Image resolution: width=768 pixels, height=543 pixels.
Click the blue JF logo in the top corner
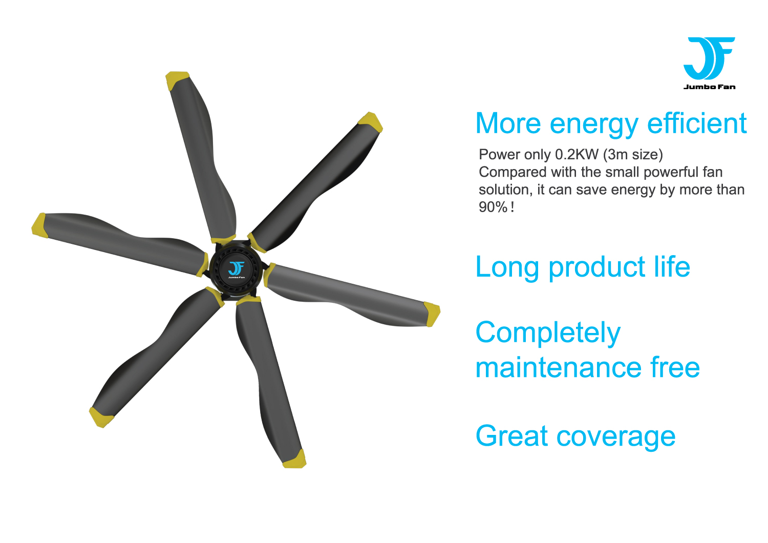pos(709,58)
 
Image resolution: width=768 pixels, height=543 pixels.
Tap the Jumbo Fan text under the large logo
pos(709,87)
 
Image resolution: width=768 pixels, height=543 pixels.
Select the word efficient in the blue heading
pos(697,123)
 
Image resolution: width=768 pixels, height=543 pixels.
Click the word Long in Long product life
pos(507,267)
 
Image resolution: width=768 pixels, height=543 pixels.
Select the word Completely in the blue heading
pos(548,333)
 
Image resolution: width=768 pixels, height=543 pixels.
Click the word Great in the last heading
pos(511,435)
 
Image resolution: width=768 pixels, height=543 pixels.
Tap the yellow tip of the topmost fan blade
pos(177,79)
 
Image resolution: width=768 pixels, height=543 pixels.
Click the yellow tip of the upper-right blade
pos(371,122)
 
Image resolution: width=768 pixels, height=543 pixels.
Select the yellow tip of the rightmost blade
pos(432,314)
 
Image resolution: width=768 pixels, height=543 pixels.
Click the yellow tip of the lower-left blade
pos(100,417)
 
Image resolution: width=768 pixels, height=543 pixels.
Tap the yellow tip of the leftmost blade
pos(39,225)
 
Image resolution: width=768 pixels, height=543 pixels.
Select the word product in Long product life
pos(597,268)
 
